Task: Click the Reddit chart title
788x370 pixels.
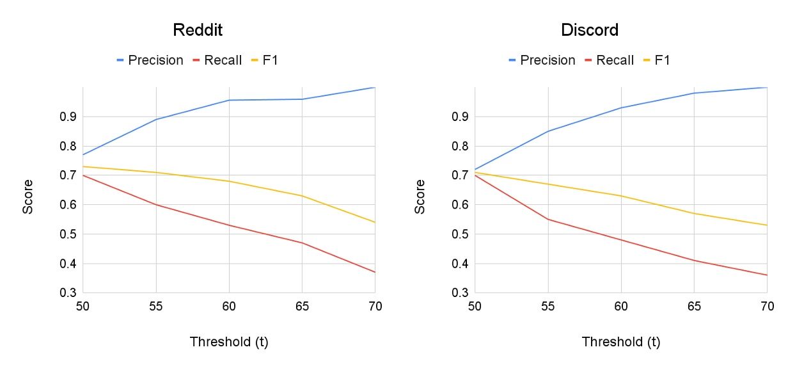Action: [x=198, y=30]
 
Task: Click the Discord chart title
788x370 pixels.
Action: [x=589, y=30]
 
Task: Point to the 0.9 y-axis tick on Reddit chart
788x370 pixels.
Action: [x=68, y=117]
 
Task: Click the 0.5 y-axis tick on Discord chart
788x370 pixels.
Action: [x=461, y=234]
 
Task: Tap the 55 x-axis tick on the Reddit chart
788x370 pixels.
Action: [x=155, y=306]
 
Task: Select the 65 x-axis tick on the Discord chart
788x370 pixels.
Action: [x=693, y=306]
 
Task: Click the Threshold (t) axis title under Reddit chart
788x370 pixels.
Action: [x=229, y=342]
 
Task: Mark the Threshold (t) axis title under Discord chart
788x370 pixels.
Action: [x=620, y=342]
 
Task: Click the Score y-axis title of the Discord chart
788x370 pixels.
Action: [x=420, y=197]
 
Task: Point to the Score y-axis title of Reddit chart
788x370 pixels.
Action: [x=28, y=197]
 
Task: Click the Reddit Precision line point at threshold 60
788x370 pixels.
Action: [x=229, y=100]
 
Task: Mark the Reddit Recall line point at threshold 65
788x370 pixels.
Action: [x=302, y=243]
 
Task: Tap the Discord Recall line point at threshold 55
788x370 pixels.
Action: [x=548, y=219]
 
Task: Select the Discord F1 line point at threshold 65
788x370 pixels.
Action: [x=693, y=213]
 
